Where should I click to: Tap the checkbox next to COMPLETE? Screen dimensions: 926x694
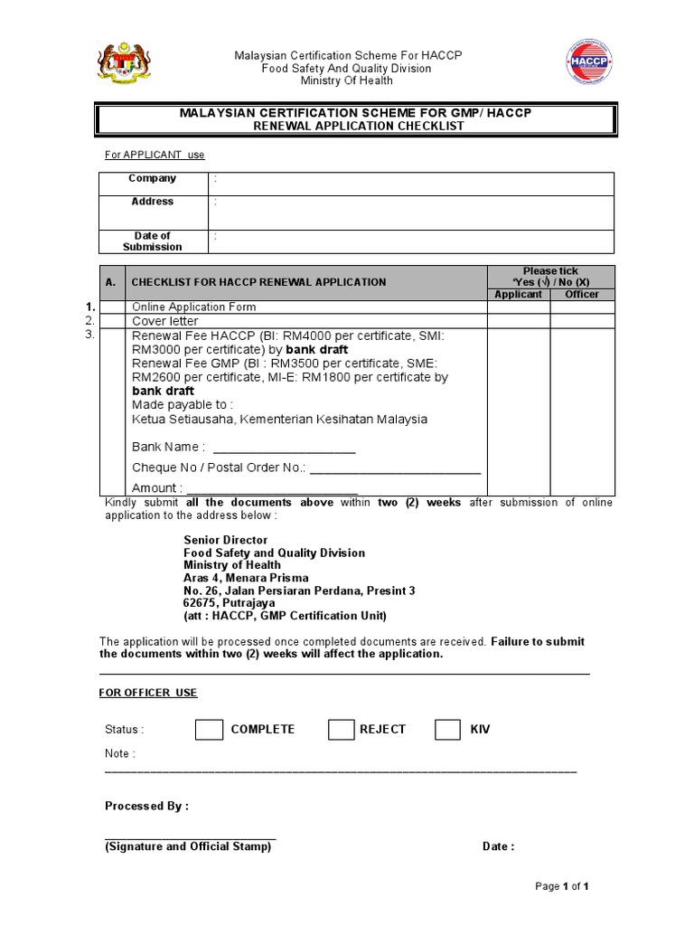point(209,729)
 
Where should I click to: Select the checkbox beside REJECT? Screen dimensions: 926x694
point(341,729)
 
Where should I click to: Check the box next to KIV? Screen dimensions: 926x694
point(448,729)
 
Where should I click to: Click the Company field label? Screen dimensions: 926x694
point(153,178)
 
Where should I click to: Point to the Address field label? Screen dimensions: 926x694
point(153,202)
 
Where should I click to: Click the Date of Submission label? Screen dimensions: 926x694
point(153,241)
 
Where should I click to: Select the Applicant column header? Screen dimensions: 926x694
point(519,295)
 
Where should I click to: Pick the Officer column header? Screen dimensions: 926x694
point(582,295)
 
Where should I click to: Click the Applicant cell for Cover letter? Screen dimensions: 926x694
point(519,320)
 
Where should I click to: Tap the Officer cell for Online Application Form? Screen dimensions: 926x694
point(582,307)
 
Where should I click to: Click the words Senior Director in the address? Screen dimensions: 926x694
point(226,540)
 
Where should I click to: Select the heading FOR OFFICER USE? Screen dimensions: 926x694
point(147,693)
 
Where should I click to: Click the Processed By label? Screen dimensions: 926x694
point(146,806)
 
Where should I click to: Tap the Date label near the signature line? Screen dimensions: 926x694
point(498,846)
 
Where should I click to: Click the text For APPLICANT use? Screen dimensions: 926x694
point(155,155)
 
